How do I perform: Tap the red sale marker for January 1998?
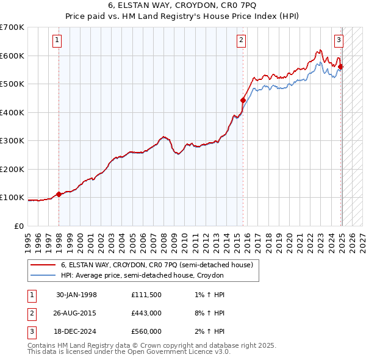coord(59,195)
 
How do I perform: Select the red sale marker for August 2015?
coord(243,100)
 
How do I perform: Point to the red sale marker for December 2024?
coord(340,67)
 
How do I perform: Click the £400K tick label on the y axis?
coord(12,112)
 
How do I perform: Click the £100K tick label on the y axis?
coord(12,198)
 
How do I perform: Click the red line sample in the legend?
coord(43,265)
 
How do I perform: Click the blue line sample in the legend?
coord(43,275)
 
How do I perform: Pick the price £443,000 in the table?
coord(146,313)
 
